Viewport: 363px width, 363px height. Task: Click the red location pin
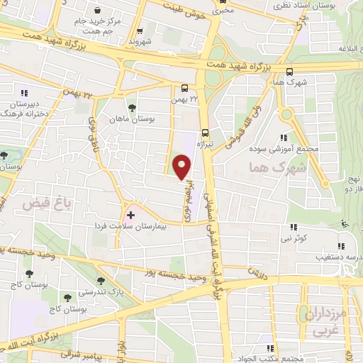182,168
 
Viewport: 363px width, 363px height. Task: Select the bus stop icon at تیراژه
206,131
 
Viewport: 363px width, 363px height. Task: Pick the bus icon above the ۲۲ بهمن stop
184,89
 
